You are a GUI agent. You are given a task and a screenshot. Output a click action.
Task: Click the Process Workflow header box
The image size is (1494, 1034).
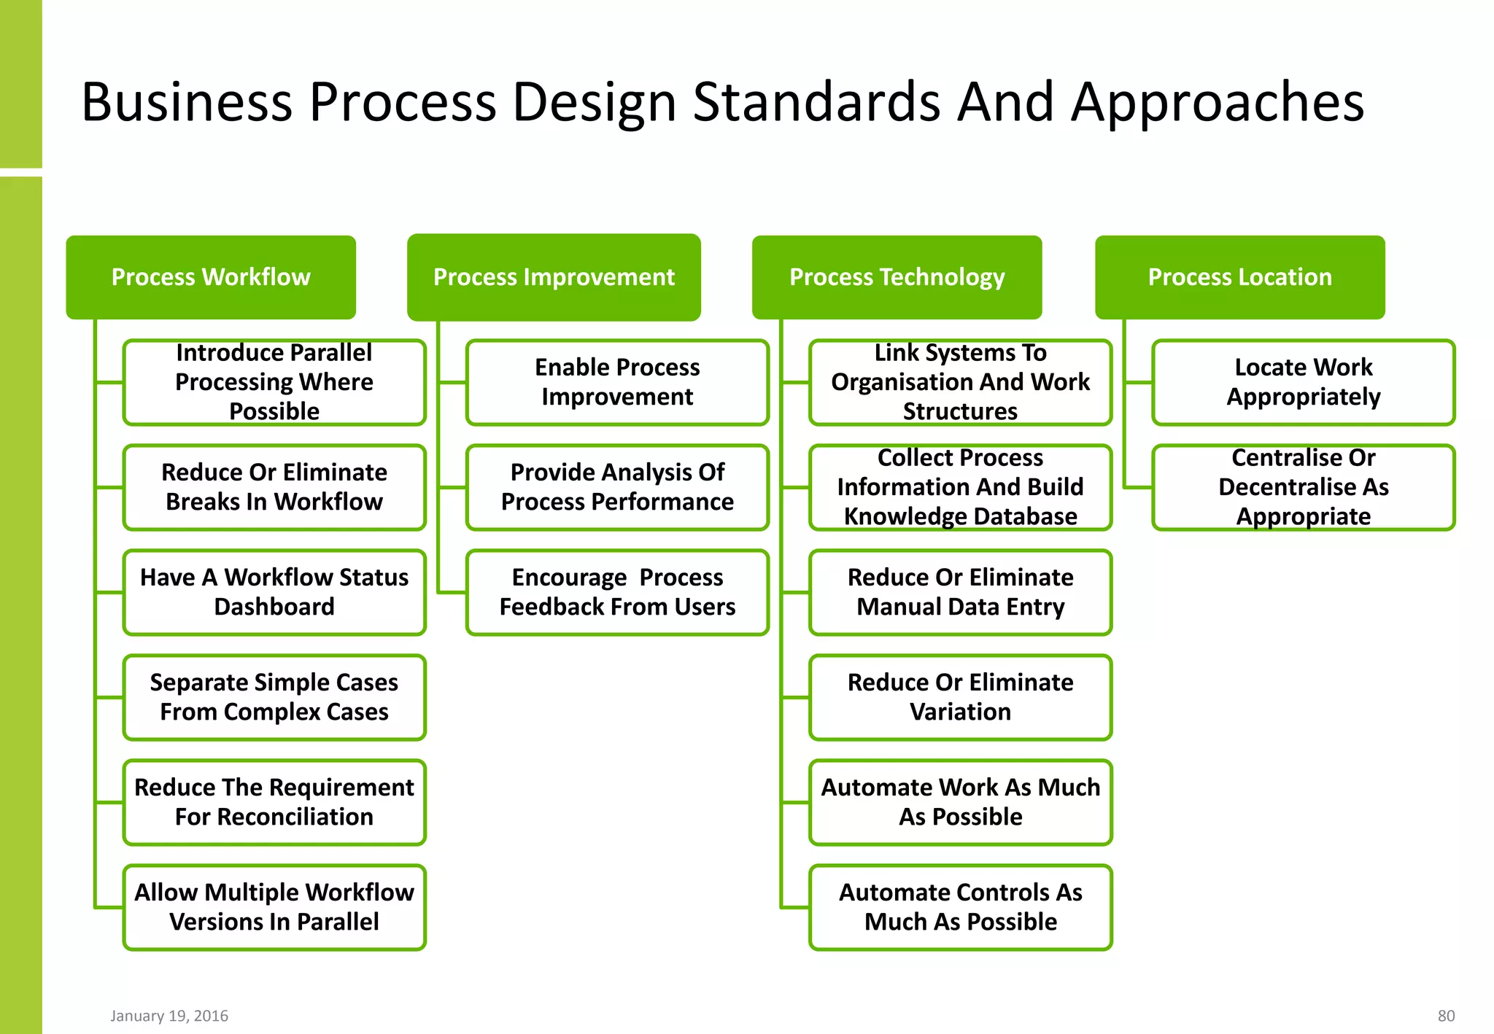pos(211,277)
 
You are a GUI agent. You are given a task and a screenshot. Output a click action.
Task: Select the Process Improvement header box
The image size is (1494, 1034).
pos(554,277)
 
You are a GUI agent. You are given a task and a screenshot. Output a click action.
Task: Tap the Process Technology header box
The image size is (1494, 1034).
pos(897,277)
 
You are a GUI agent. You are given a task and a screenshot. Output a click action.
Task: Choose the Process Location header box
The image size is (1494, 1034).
pos(1239,277)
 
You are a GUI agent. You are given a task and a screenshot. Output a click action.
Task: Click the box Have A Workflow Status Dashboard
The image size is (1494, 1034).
pos(274,592)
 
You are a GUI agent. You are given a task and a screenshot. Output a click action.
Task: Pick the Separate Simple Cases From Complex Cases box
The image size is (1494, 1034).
pos(274,697)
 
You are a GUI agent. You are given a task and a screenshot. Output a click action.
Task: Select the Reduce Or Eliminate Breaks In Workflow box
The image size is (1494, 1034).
pos(274,487)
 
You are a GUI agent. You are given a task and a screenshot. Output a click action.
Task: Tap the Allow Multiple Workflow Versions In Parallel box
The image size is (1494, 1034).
pos(274,907)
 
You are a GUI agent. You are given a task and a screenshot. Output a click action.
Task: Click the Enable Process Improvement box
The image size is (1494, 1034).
pos(617,382)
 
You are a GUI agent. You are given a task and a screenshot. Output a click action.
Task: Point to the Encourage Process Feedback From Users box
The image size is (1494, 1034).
pos(617,592)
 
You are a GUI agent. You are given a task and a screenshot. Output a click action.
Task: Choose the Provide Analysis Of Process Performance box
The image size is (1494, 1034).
pos(617,487)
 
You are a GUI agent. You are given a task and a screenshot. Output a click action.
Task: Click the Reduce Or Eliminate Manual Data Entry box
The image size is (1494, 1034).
pos(960,592)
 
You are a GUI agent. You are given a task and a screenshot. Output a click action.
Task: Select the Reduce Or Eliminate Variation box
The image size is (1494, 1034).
pos(960,697)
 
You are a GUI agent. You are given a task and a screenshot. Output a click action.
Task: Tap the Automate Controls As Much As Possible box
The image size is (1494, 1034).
pos(960,907)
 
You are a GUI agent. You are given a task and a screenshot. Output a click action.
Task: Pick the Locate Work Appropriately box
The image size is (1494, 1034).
pos(1303,382)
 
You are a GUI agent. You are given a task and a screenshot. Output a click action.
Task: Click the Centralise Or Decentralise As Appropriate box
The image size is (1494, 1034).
pos(1303,487)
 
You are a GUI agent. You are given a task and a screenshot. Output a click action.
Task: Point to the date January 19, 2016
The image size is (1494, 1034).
pos(169,1016)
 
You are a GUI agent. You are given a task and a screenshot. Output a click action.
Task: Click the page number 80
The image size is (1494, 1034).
pos(1446,1016)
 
